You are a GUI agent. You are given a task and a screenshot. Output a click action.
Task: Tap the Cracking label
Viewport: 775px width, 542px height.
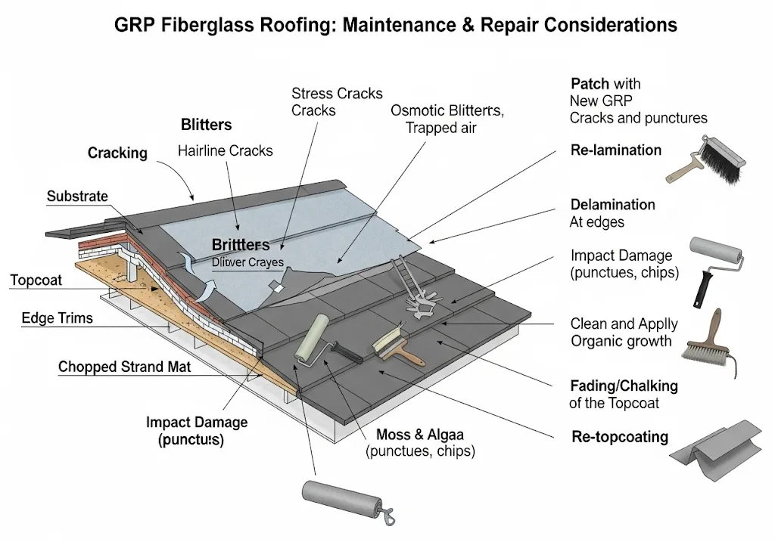(x=117, y=153)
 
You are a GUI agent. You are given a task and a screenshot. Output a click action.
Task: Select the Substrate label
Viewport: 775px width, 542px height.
(x=77, y=197)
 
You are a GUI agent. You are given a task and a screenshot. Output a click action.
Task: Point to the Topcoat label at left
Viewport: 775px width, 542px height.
(x=37, y=280)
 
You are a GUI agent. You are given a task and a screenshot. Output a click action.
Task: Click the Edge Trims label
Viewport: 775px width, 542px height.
(x=58, y=318)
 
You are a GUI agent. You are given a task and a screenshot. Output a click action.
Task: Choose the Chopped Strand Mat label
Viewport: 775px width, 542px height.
(x=125, y=367)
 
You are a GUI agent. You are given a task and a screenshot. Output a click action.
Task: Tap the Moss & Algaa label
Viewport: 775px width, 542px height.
(x=419, y=435)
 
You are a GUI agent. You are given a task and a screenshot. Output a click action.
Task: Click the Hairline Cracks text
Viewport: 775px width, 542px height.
(x=225, y=150)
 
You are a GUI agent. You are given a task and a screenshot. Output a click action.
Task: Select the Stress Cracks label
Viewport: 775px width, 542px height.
(x=337, y=94)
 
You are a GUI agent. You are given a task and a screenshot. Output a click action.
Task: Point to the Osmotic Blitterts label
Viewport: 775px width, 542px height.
(x=446, y=110)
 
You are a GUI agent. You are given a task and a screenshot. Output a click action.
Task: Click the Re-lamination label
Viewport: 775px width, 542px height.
(x=615, y=150)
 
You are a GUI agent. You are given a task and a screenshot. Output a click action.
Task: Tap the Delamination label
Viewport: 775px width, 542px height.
(x=612, y=205)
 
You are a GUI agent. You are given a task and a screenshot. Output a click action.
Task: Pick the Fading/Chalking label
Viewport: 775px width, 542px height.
(x=624, y=386)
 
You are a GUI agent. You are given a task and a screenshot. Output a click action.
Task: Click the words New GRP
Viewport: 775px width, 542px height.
(x=601, y=100)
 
